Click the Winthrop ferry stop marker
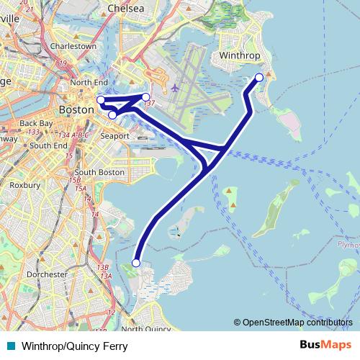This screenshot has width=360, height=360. (259, 77)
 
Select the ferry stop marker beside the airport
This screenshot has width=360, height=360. (145, 96)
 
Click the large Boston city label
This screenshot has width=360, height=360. (76, 109)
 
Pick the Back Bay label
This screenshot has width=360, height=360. (37, 123)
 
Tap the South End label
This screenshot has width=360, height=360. (48, 145)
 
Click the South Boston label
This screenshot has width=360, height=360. (99, 173)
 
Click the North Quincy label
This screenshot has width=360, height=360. (145, 329)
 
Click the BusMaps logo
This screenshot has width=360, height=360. (325, 346)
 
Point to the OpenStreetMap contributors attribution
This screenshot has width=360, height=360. (297, 323)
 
